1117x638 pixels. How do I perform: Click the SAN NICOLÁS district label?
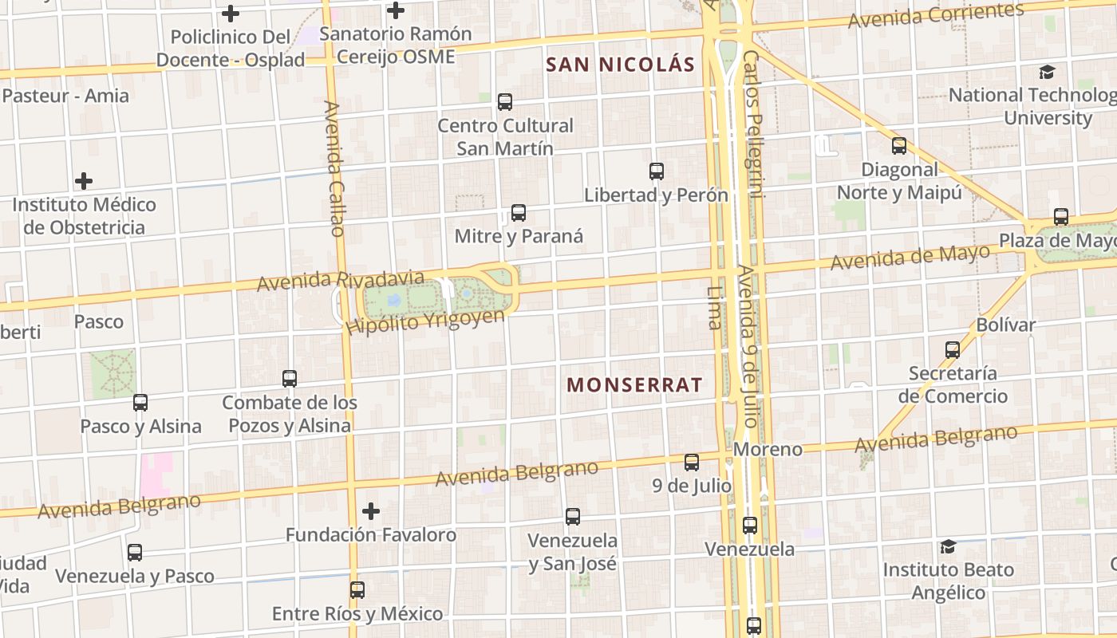click(621, 65)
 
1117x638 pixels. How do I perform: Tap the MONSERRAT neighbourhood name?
click(634, 385)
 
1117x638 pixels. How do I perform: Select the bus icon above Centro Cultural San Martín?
click(505, 102)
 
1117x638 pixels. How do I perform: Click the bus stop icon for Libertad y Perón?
click(657, 171)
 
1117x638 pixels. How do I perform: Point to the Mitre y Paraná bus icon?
click(519, 213)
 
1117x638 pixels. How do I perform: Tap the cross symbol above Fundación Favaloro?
click(371, 511)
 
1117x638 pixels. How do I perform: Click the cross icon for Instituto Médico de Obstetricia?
click(84, 181)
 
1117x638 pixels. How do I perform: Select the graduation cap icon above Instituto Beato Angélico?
click(948, 546)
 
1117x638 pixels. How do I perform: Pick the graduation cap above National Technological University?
click(1047, 72)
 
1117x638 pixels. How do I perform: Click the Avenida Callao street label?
click(334, 168)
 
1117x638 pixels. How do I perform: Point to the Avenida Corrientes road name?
click(935, 15)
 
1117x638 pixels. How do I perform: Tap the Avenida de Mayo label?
click(910, 258)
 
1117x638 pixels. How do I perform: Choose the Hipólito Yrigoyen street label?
click(425, 321)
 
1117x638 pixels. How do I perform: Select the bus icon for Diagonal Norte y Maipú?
click(899, 146)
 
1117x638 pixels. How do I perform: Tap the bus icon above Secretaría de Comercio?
click(953, 350)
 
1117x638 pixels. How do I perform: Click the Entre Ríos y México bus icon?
click(357, 590)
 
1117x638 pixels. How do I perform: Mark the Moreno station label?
click(768, 450)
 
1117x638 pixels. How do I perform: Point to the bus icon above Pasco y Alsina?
click(140, 403)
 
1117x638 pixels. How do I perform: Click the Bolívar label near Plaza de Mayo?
click(1006, 325)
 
